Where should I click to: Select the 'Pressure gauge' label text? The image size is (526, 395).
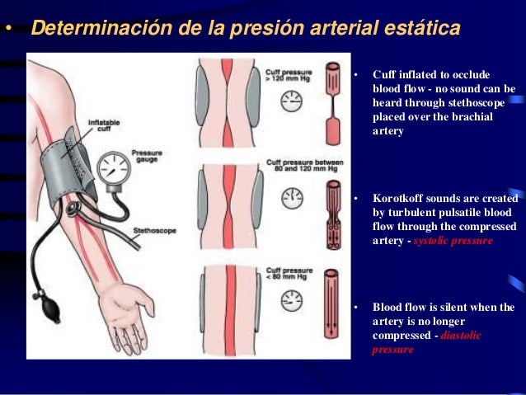[148, 156]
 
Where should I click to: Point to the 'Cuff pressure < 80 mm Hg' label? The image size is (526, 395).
[284, 275]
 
